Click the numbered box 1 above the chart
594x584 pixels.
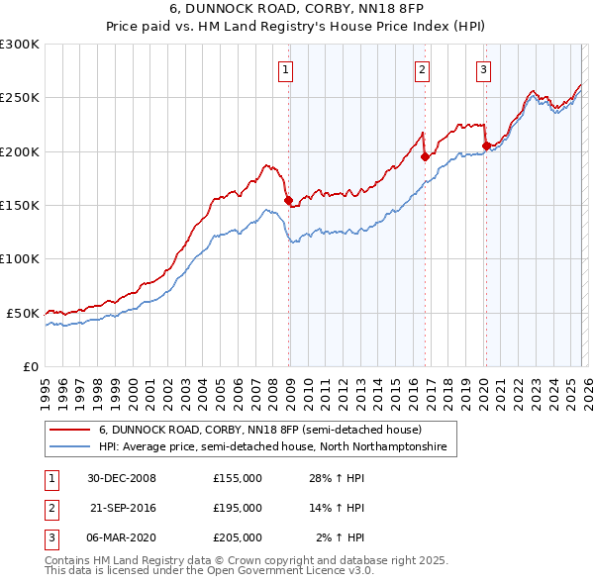285,69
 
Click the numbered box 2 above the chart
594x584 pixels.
422,69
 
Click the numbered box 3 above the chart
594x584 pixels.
483,69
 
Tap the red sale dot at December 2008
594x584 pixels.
288,200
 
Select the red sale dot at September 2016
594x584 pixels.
424,156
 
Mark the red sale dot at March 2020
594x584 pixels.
485,146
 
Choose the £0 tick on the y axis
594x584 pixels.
30,366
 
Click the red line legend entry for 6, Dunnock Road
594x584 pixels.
259,431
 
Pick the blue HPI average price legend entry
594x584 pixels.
272,447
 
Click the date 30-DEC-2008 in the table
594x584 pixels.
121,478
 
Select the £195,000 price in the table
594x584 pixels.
238,508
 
